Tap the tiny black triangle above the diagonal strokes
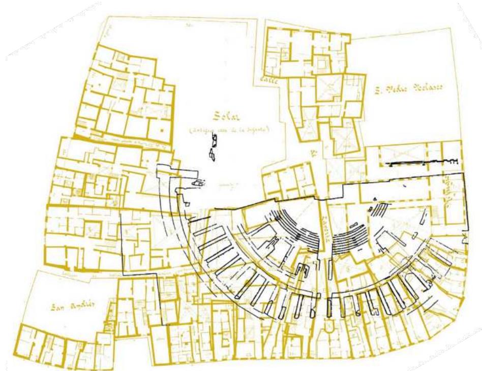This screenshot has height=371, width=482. (x=375, y=198)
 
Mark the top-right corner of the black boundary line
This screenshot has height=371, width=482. (x=465, y=174)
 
